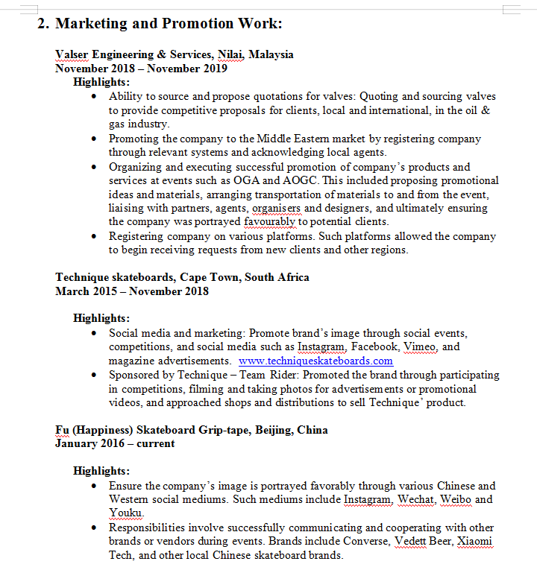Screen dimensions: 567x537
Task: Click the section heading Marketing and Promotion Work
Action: pyautogui.click(x=169, y=23)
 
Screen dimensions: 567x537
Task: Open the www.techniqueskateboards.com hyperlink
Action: pyautogui.click(x=315, y=361)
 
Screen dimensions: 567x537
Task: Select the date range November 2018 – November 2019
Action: pyautogui.click(x=141, y=68)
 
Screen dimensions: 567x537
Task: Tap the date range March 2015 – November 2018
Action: pyautogui.click(x=131, y=291)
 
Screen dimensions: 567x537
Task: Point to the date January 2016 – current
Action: pyautogui.click(x=115, y=443)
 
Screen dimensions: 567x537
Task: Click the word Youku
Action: pyautogui.click(x=125, y=513)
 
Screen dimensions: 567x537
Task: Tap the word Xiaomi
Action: pyautogui.click(x=474, y=541)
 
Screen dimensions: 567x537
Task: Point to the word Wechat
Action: pyautogui.click(x=415, y=499)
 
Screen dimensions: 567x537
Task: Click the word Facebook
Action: pyautogui.click(x=376, y=346)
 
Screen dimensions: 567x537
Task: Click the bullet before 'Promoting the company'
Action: pyautogui.click(x=92, y=139)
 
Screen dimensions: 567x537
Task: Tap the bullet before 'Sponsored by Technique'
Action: pyautogui.click(x=92, y=375)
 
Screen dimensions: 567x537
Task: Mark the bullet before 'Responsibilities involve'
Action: pyautogui.click(x=92, y=528)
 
